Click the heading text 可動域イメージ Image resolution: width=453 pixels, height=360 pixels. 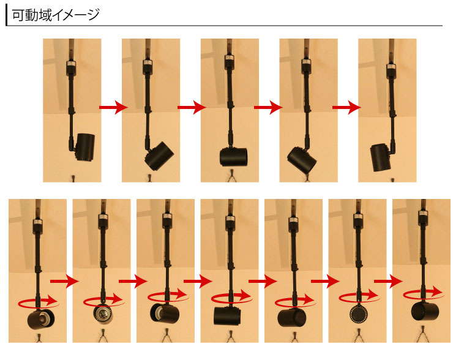[x=56, y=15]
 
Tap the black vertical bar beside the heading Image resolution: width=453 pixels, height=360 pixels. [x=6, y=16]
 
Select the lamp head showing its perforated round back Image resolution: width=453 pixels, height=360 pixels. [x=358, y=313]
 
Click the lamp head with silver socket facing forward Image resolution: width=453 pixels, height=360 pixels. [x=103, y=314]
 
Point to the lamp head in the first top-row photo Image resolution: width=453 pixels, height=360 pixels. [x=85, y=148]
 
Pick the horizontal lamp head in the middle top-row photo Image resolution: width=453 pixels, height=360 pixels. [x=233, y=157]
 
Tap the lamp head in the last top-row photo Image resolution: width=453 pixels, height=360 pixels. [x=380, y=157]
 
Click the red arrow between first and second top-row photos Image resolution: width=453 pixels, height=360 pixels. [x=113, y=108]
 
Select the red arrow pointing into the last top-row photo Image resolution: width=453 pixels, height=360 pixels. [x=346, y=108]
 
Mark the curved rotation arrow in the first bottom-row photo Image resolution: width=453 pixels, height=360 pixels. [x=39, y=301]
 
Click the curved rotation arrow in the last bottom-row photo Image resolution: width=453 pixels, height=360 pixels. [x=424, y=293]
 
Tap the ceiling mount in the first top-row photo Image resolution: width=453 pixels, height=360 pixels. [x=71, y=68]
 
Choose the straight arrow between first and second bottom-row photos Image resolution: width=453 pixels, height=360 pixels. [x=64, y=281]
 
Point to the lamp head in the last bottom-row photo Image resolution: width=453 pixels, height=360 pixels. [x=425, y=310]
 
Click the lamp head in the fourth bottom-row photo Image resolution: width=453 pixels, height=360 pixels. [x=227, y=315]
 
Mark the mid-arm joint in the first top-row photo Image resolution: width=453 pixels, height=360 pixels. [x=72, y=110]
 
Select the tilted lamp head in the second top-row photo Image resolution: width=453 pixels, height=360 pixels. [x=159, y=157]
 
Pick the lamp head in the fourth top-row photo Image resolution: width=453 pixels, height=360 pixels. [x=302, y=160]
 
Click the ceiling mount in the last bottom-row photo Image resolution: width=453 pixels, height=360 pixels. [x=424, y=219]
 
